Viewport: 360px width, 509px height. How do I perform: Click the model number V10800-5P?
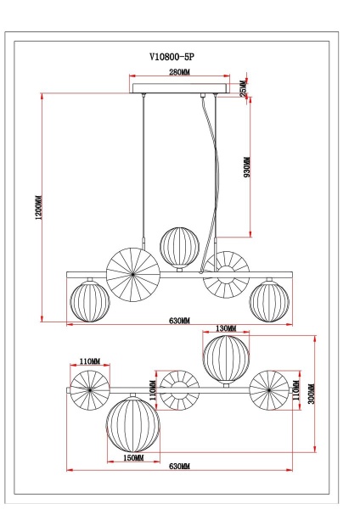point(178,58)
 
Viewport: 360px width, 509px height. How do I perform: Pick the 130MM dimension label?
point(226,328)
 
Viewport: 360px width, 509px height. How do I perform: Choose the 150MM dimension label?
point(132,458)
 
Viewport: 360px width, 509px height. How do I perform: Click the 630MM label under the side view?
point(180,322)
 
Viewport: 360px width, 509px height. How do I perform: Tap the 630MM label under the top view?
point(180,467)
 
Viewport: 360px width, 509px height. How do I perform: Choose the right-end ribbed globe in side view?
point(268,300)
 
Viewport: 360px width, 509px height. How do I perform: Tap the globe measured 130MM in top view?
point(225,359)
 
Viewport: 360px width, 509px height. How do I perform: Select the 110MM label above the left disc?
point(90,361)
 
